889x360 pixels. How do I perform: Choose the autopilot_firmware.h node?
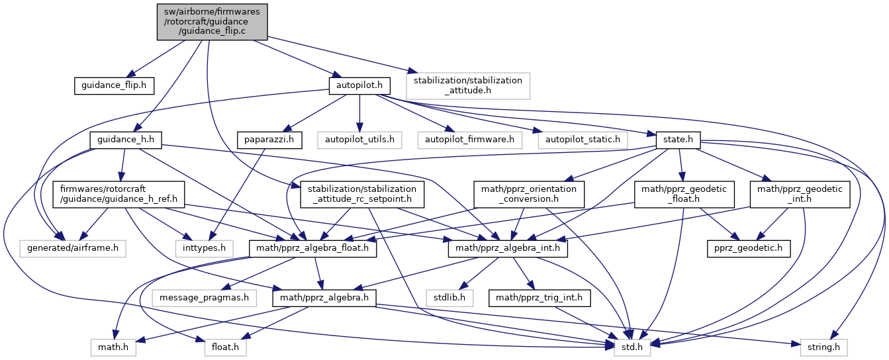469,140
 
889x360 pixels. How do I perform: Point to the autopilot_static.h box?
583,140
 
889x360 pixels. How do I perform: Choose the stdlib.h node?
449,298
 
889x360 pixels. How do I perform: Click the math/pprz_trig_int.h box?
539,298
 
